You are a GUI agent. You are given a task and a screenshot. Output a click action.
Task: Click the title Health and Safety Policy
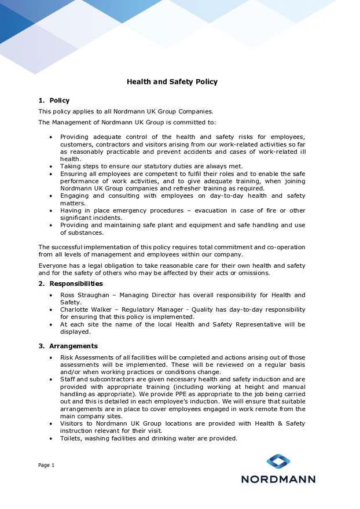172,82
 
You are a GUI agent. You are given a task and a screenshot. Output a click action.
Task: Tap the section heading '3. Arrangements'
68,346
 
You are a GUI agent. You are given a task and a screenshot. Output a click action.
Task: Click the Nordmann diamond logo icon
278,462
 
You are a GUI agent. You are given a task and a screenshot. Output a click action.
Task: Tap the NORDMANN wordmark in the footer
278,479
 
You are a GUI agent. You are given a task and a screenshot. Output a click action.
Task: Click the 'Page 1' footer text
46,466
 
